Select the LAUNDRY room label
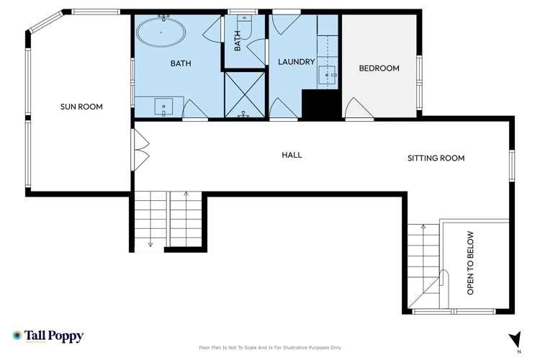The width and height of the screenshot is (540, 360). point(297,63)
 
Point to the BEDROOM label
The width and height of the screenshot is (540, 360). point(379,68)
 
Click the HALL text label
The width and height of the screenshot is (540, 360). point(292,155)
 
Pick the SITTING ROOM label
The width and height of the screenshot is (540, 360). point(436,158)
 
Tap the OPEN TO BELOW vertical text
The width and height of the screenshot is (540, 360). point(471,263)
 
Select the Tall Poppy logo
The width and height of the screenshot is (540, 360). point(48,336)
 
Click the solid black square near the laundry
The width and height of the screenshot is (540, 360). point(315,106)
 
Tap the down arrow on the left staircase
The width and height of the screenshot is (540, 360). point(150,243)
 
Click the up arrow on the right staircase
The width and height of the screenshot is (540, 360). point(423,228)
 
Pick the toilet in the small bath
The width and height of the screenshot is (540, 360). point(244,27)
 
